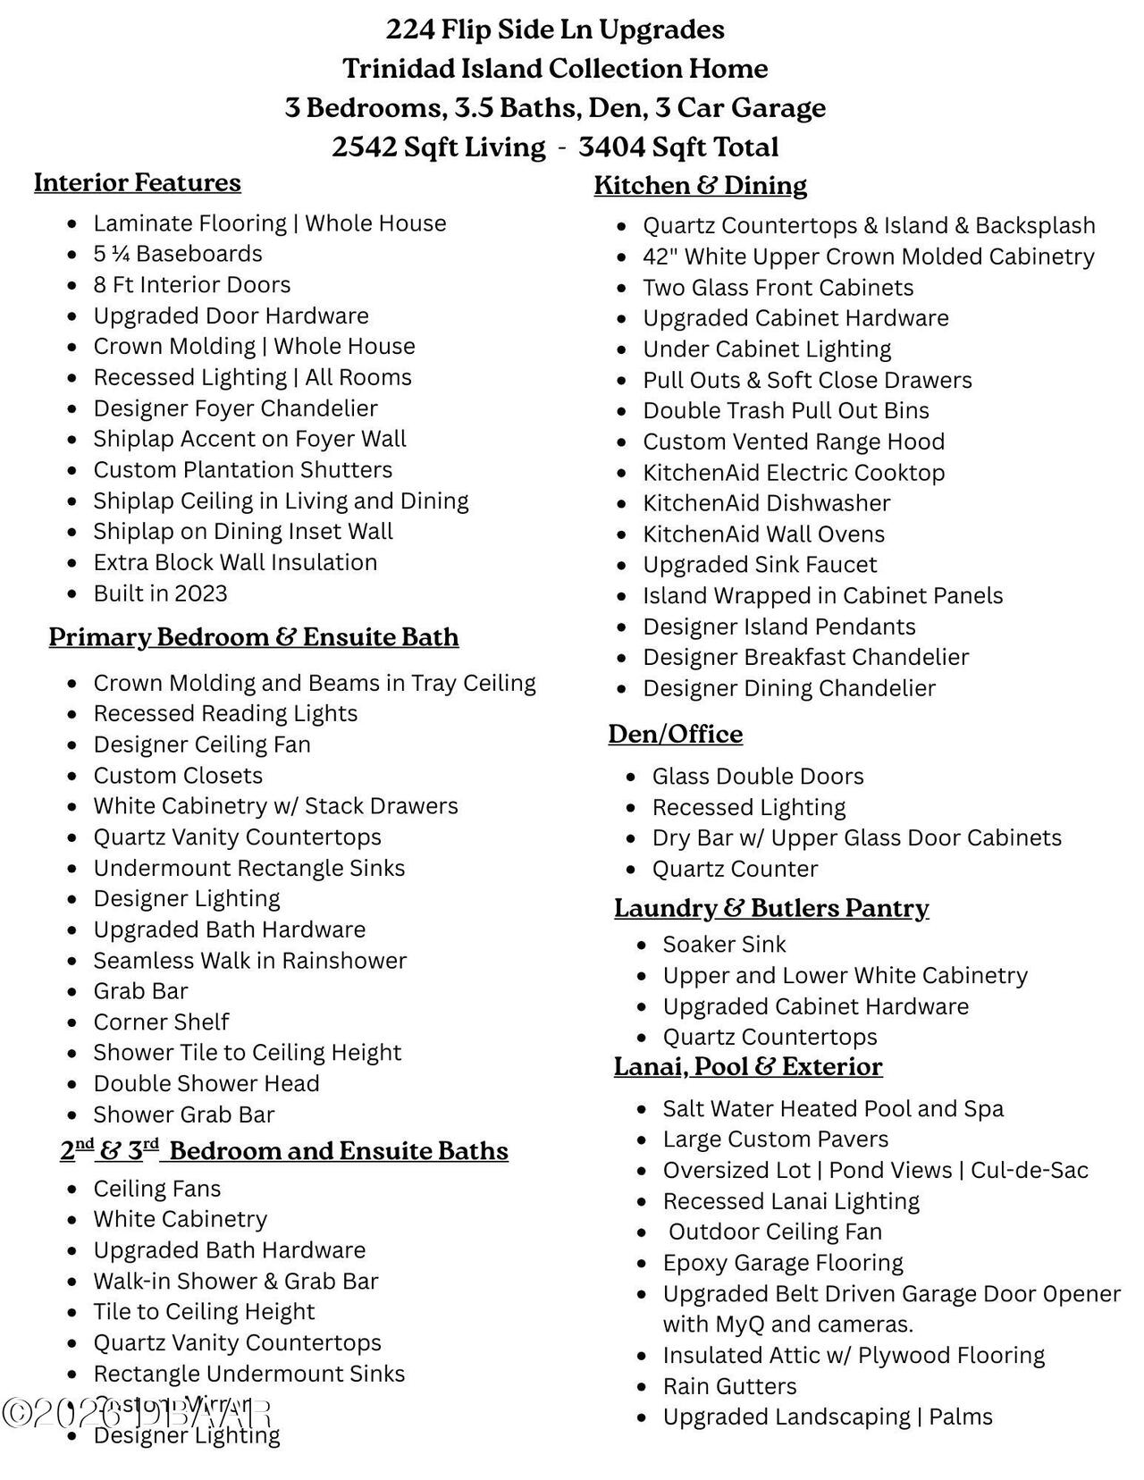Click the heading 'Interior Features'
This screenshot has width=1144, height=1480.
138,182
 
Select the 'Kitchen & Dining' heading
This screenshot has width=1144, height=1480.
700,185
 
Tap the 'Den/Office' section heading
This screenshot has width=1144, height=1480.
675,734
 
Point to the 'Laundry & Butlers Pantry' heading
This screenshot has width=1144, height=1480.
771,908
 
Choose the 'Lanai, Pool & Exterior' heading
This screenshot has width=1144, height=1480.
747,1066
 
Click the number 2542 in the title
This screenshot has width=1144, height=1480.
364,147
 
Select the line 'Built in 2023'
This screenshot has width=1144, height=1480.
160,593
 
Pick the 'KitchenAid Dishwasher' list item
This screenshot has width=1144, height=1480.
766,503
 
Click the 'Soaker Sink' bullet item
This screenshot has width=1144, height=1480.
724,945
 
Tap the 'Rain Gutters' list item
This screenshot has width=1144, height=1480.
729,1386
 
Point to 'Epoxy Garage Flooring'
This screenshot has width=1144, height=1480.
783,1263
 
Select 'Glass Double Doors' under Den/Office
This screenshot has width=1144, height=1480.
758,777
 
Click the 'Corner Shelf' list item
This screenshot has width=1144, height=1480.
161,1022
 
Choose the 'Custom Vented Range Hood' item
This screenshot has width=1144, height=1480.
794,441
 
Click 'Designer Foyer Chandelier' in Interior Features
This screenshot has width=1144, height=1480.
235,408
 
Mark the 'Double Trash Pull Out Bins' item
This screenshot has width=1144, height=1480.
786,410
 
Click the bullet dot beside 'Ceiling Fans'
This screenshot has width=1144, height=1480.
73,1190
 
